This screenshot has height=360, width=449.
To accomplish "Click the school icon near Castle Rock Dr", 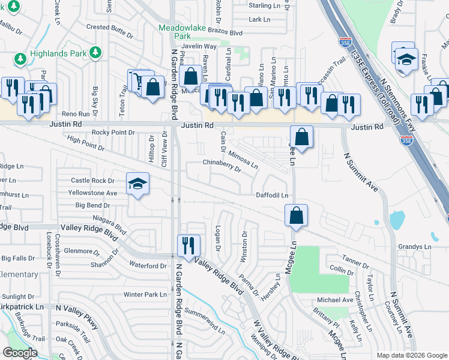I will [137, 184].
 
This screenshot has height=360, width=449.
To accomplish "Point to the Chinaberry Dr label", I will [221, 166].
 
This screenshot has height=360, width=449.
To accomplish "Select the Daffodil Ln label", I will [273, 195].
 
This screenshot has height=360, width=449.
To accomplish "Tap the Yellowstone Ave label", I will [92, 193].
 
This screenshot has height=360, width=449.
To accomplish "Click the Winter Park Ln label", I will [145, 295].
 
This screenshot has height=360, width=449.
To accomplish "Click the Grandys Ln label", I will [415, 247].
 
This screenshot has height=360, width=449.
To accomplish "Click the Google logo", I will [20, 353].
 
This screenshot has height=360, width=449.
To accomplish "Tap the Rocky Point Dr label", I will [114, 133].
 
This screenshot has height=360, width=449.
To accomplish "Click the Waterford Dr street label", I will [147, 266].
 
